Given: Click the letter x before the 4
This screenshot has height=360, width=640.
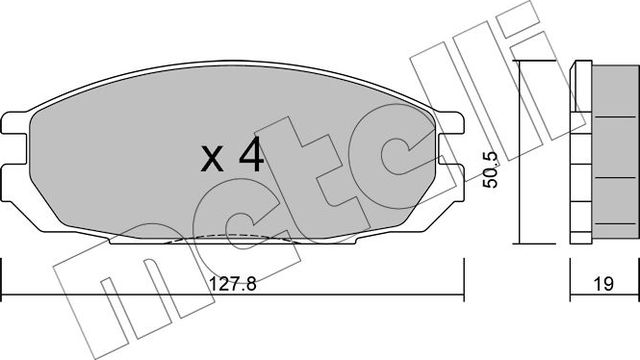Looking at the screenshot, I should click(x=212, y=160).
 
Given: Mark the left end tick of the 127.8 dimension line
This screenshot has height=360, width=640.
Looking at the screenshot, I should click(x=2, y=271).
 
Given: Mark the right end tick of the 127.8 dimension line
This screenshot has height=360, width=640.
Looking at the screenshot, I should click(x=464, y=271).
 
